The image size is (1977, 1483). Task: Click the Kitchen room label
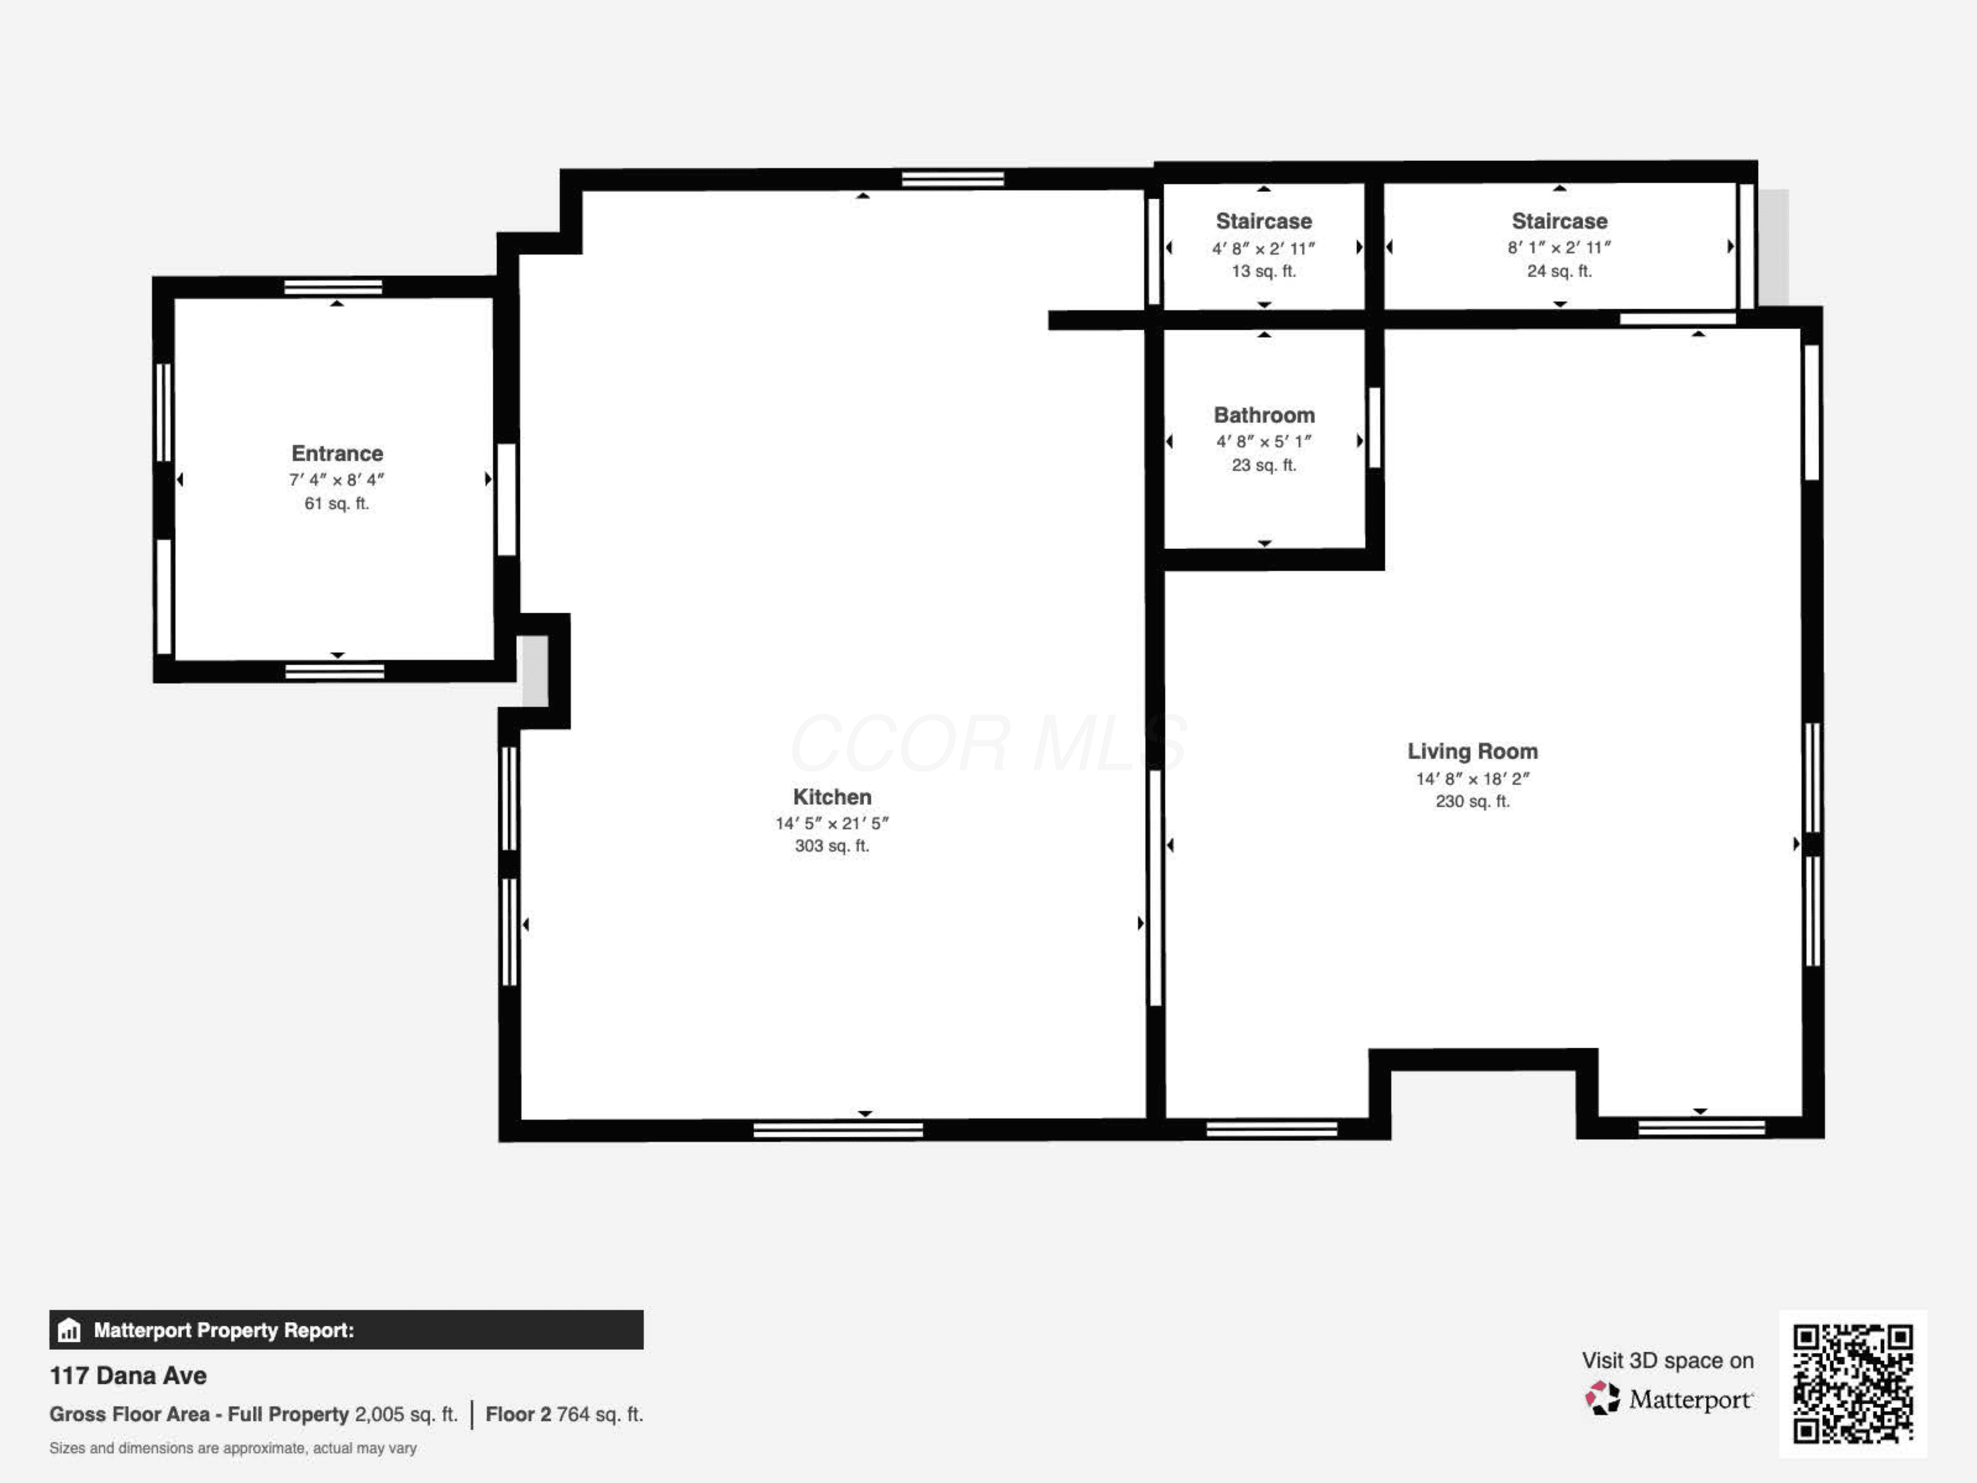tap(832, 796)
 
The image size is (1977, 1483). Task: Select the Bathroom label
tap(1264, 415)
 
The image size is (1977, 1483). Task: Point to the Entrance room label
tap(337, 453)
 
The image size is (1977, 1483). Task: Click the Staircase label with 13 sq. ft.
tap(1264, 221)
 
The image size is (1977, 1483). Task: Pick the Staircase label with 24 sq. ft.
tap(1560, 221)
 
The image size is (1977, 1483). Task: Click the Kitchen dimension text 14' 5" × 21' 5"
tap(832, 823)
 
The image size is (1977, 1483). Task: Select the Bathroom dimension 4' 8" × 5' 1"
tap(1264, 442)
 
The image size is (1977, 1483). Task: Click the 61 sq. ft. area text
tap(337, 504)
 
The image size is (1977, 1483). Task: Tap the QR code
tap(1852, 1383)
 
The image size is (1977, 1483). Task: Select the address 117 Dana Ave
tap(128, 1376)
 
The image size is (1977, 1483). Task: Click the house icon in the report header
tap(69, 1330)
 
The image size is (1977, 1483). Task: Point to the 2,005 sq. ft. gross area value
tap(406, 1414)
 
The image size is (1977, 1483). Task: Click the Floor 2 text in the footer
tap(519, 1414)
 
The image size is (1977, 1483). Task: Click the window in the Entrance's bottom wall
tap(334, 672)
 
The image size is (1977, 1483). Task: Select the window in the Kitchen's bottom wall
tap(838, 1130)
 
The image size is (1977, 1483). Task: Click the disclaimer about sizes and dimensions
tap(233, 1448)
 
